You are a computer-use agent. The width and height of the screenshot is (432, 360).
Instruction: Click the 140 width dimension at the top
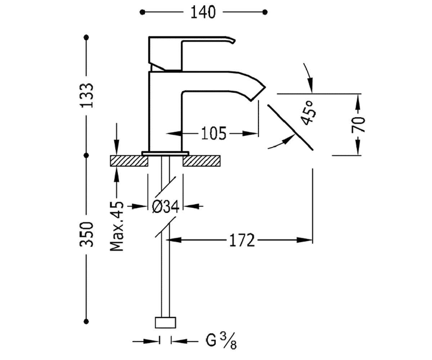coord(203,12)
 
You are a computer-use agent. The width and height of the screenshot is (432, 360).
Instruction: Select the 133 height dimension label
coord(87,95)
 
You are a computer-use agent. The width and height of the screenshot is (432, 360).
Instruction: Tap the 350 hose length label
coord(86,234)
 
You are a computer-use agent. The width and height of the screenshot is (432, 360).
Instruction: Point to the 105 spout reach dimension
coord(214,134)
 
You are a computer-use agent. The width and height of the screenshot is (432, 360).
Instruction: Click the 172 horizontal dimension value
coord(242,240)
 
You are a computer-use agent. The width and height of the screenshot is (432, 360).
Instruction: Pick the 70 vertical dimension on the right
coord(358,125)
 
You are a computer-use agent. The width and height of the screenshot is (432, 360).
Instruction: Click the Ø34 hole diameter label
coord(166,206)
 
